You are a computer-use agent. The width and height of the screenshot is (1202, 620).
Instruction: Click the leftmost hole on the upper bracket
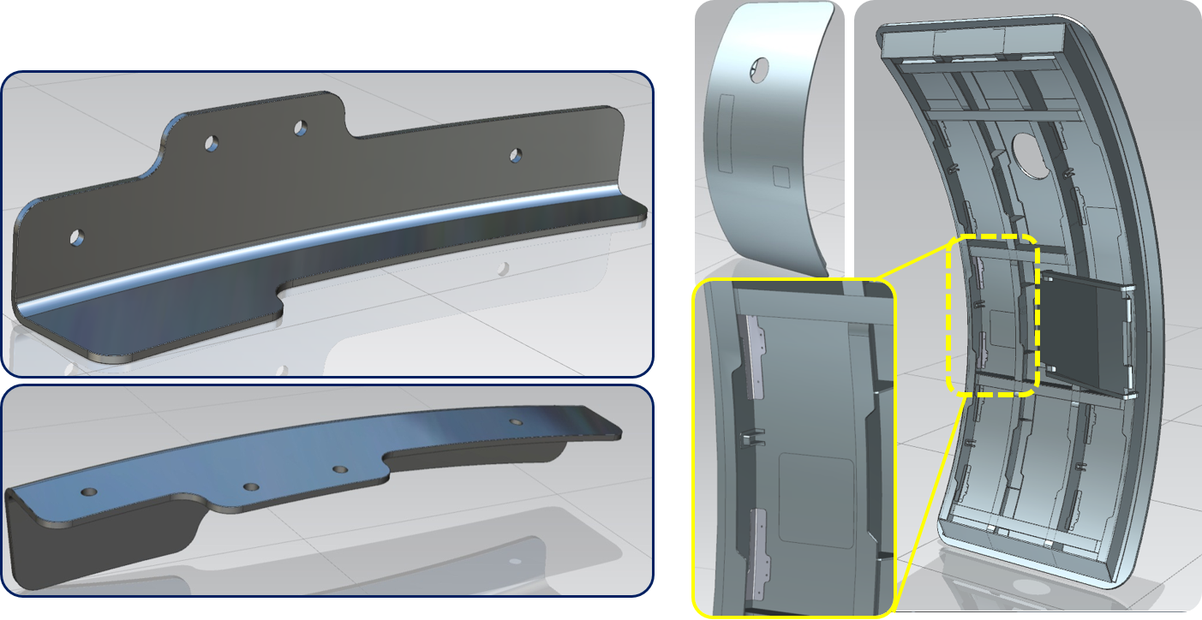(x=78, y=235)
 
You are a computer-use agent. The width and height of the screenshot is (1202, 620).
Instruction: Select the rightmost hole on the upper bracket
(x=516, y=155)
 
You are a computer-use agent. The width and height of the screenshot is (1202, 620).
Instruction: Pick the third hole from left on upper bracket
(x=302, y=128)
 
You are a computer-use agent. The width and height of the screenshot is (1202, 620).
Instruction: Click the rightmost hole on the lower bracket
(x=515, y=422)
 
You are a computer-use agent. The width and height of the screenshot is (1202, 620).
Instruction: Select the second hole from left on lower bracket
(x=251, y=486)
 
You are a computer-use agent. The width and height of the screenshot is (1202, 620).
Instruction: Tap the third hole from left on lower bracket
(x=341, y=469)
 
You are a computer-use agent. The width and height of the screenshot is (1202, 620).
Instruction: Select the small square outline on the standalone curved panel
(x=781, y=176)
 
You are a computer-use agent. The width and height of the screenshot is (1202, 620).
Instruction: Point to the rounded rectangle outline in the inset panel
(x=816, y=501)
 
